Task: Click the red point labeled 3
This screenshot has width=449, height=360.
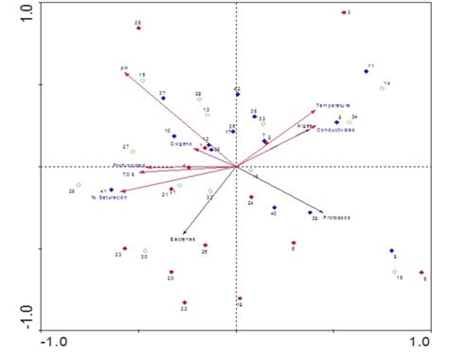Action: pos(343,12)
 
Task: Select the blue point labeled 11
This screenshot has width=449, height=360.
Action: pos(366,71)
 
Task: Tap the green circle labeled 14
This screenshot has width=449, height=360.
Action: pos(382,88)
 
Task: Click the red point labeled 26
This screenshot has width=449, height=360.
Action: pos(138,28)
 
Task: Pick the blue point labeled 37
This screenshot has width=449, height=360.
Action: pos(163,98)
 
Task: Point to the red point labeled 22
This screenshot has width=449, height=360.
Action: pos(184,302)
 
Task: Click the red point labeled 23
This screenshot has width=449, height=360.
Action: pos(123,248)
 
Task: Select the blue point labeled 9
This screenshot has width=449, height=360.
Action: pos(390,251)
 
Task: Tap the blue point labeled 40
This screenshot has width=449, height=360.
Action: pos(275,207)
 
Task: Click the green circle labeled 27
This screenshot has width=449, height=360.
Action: pos(133,152)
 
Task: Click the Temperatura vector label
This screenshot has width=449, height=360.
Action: pos(333,105)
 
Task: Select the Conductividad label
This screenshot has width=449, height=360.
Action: pos(335,130)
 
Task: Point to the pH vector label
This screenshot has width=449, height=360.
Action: pos(123,68)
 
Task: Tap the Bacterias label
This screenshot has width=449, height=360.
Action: pos(184,239)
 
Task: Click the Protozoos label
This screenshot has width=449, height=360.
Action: pos(337,219)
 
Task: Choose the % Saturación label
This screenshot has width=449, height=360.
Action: pos(106,198)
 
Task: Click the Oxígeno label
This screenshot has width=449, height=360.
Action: pos(182,144)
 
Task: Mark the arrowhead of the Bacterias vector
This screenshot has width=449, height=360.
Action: pos(184,231)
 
